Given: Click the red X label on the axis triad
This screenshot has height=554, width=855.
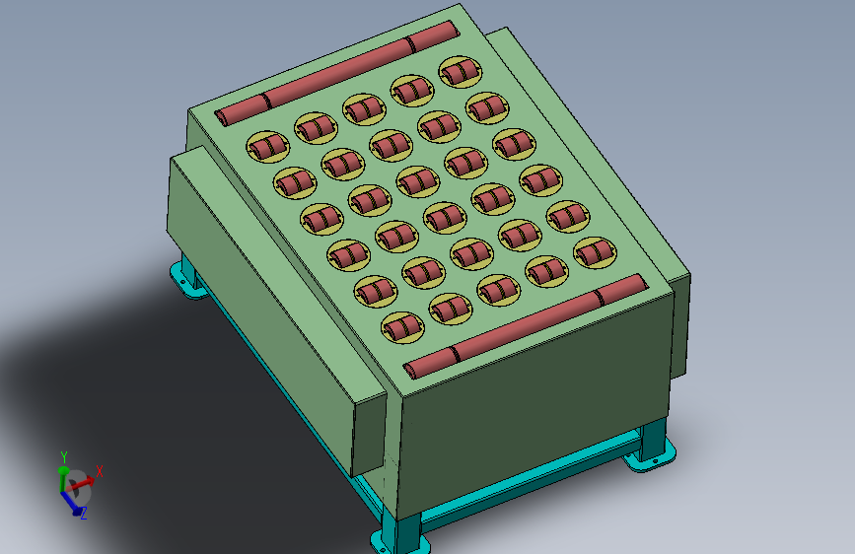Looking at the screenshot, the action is (x=100, y=471).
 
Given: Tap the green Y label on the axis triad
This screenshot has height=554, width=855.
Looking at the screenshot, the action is (x=64, y=457).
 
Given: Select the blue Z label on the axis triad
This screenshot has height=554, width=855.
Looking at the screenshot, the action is (x=84, y=514).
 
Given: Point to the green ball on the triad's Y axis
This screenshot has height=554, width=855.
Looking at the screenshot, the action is (x=63, y=470).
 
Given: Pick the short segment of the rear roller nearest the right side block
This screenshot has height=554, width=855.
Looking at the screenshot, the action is (x=434, y=36).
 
